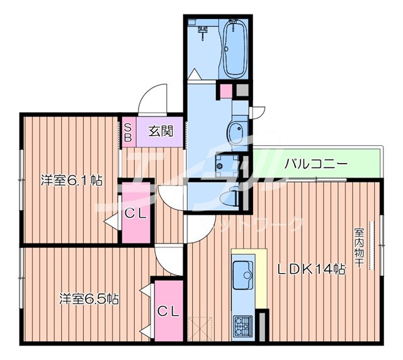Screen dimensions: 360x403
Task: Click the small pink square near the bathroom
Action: (x=225, y=91)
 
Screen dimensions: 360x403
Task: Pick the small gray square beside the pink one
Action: (x=242, y=91)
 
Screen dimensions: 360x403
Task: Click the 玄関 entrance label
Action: (x=161, y=132)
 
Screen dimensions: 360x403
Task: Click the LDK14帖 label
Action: (x=311, y=269)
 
